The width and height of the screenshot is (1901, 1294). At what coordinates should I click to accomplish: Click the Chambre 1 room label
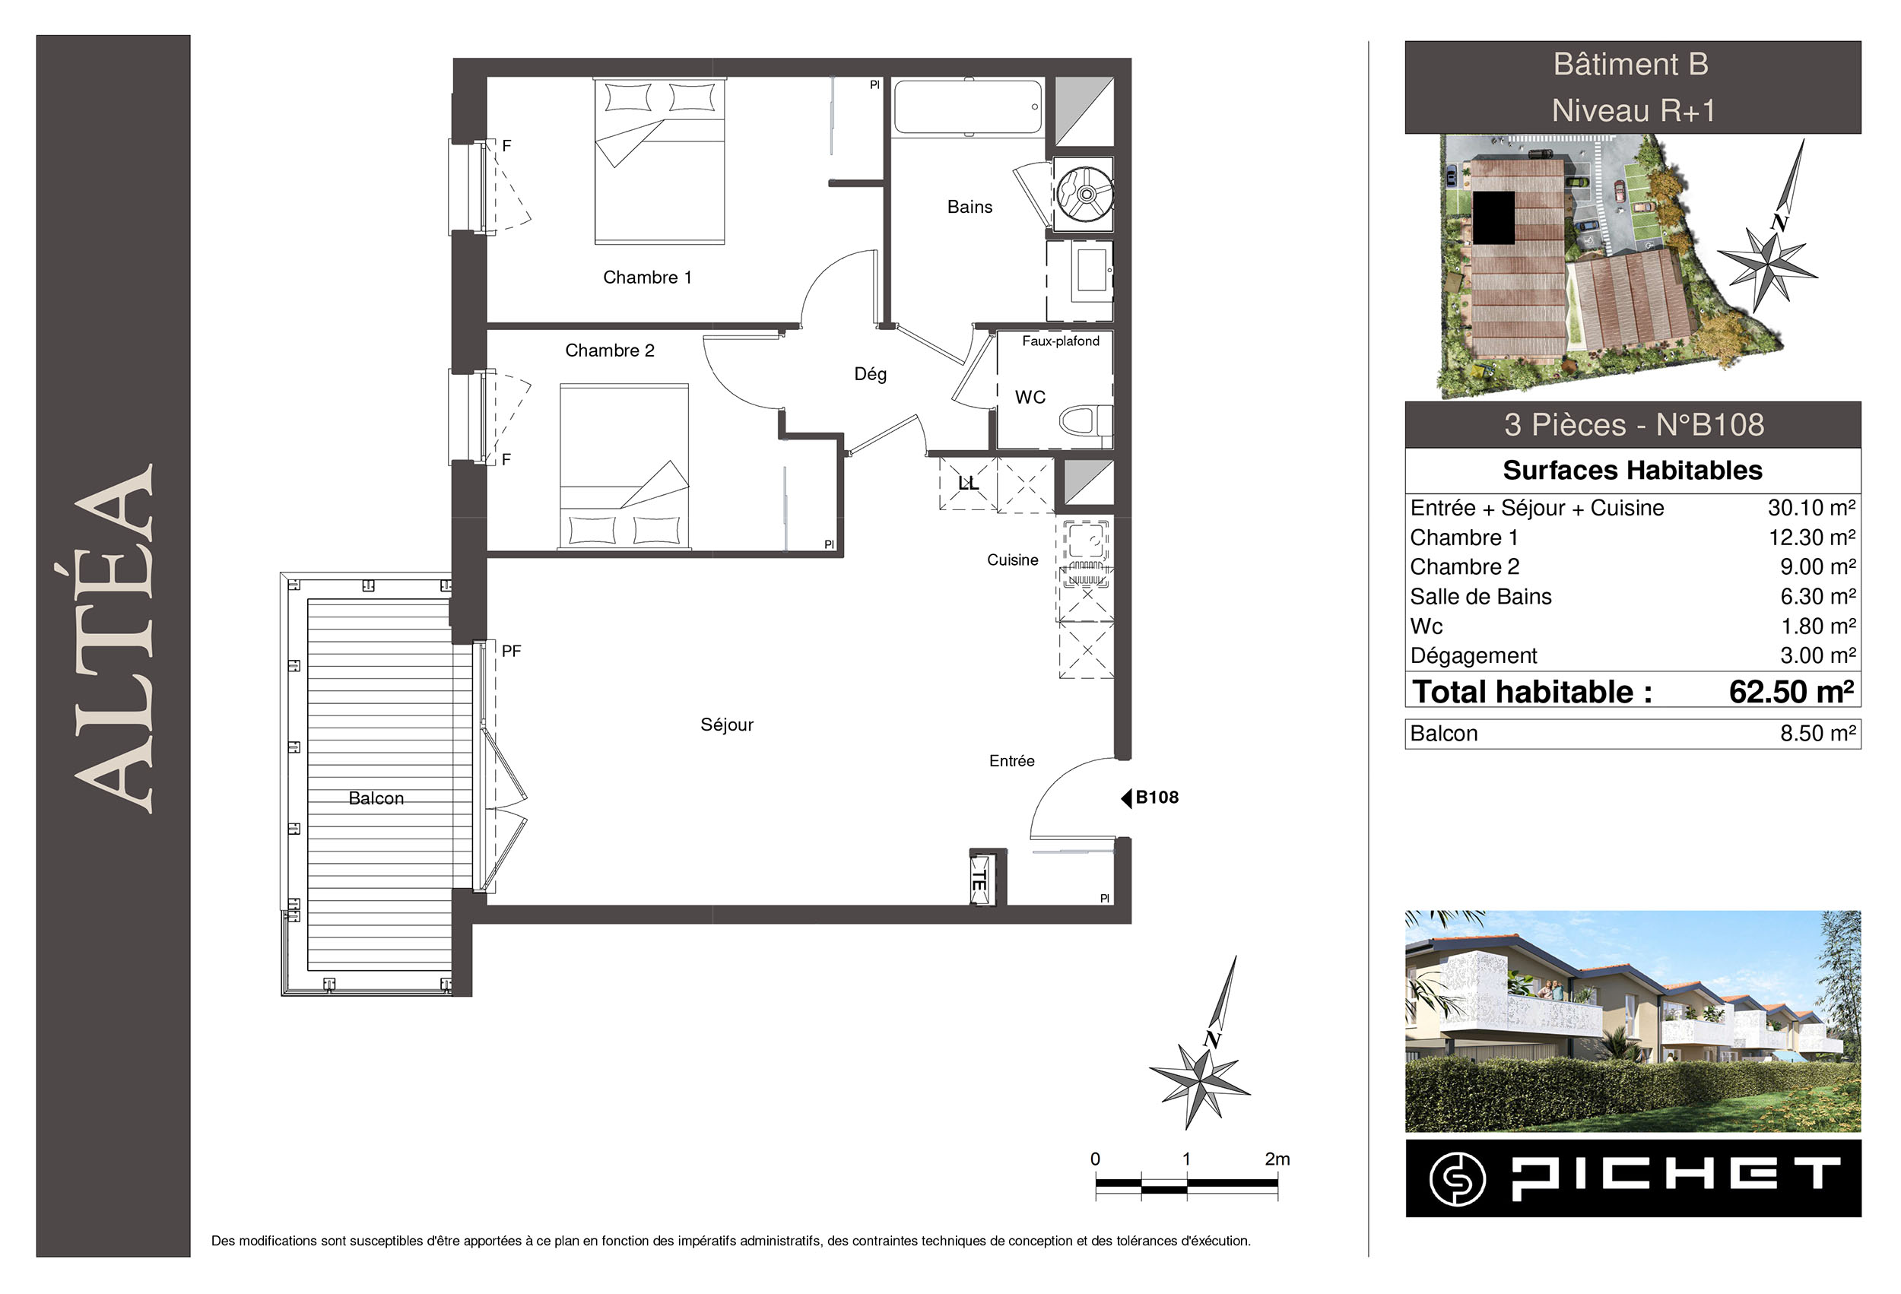(x=647, y=278)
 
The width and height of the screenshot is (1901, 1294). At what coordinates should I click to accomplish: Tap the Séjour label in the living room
(x=726, y=725)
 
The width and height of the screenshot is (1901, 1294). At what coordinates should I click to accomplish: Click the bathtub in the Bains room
(x=968, y=106)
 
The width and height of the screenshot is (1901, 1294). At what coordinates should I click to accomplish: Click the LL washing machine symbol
(x=968, y=484)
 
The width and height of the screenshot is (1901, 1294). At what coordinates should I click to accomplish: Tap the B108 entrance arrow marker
(x=1126, y=798)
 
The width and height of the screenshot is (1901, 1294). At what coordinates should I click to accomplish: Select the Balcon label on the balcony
(x=376, y=798)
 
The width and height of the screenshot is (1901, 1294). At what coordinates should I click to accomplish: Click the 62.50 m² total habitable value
(x=1791, y=692)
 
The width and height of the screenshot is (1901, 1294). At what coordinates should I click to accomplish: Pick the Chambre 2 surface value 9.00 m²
(x=1817, y=567)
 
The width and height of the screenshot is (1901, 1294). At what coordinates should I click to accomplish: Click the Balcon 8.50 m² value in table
(x=1817, y=733)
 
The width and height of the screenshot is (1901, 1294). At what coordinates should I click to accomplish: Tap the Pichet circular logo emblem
(x=1458, y=1178)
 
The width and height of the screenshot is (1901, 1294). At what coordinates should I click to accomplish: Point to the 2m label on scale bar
(x=1277, y=1158)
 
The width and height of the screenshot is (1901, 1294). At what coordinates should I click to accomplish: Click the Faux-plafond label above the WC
(x=1060, y=341)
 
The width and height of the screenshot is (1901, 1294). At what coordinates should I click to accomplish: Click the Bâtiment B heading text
(x=1631, y=65)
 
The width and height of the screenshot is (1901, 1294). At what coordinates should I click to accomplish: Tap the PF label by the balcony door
(x=511, y=651)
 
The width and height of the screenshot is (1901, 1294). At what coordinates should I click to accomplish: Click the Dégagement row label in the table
(x=1473, y=656)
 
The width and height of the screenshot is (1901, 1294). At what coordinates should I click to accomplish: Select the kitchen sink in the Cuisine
(x=1087, y=541)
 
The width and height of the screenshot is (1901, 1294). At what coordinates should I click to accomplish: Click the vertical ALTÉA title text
(x=114, y=638)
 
